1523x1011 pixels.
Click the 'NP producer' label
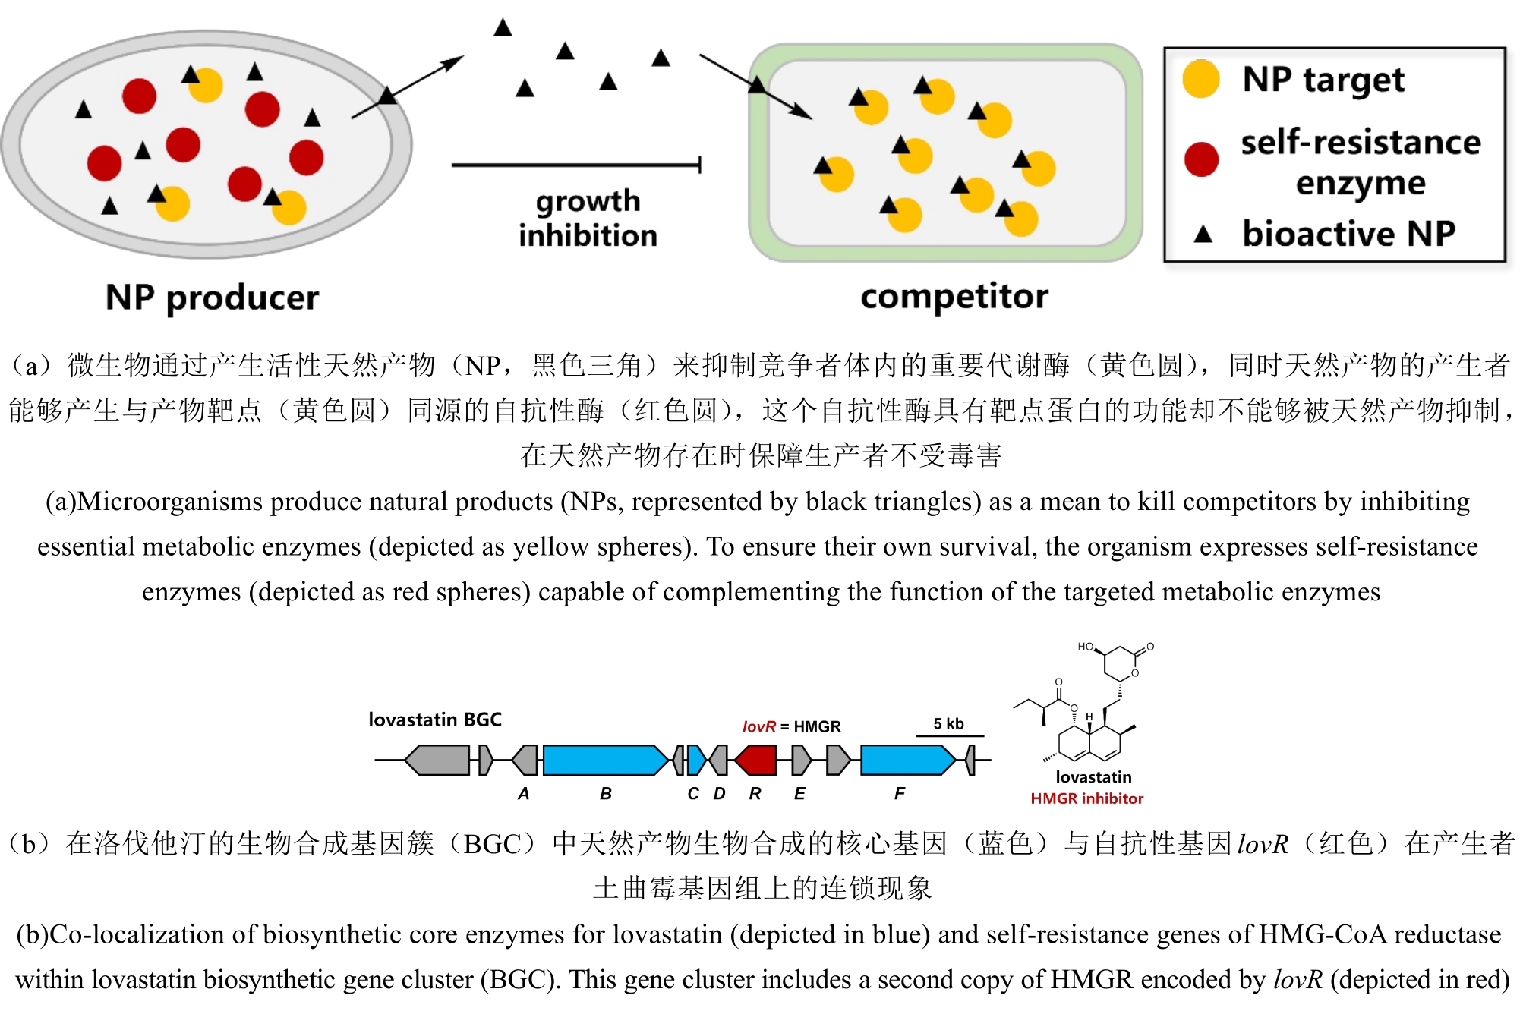point(212,298)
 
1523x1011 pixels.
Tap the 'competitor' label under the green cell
point(954,296)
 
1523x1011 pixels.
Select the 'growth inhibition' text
point(588,218)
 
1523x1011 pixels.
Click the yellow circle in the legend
point(1200,80)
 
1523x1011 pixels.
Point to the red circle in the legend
point(1200,159)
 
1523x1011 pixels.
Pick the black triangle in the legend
point(1203,234)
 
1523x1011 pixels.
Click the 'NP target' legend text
point(1323,80)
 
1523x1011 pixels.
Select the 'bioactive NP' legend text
point(1348,234)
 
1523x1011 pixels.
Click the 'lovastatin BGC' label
point(434,720)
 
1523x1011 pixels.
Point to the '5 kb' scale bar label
point(948,724)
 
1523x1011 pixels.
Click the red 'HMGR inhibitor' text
point(1086,798)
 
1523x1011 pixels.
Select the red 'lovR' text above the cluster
point(758,726)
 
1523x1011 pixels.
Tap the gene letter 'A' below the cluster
point(523,794)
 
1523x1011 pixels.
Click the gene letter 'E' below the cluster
point(799,794)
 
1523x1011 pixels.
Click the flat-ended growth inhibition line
point(575,164)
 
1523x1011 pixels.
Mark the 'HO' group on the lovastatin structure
point(1085,647)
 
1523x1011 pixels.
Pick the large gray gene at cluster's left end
point(438,760)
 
